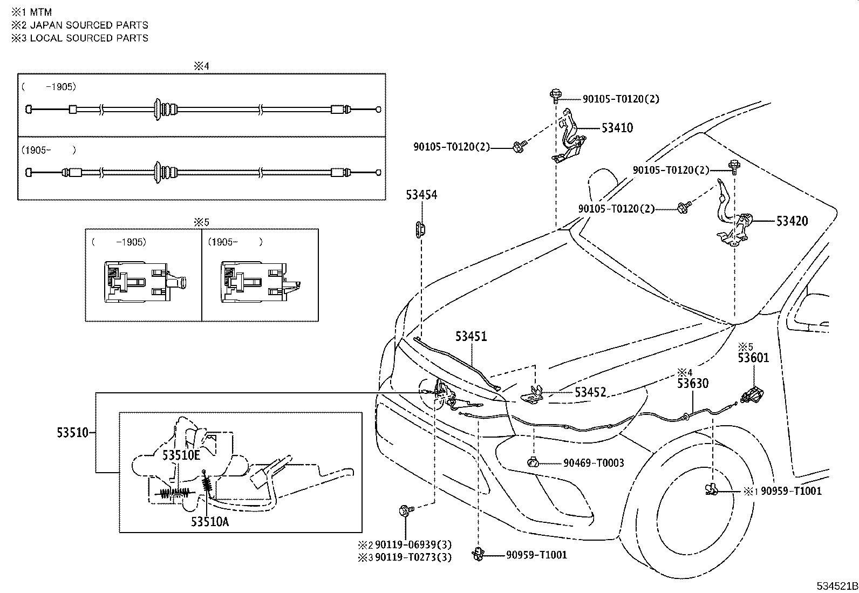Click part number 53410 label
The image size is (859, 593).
[617, 128]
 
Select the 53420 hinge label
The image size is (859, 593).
[792, 221]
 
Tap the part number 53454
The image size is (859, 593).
[421, 195]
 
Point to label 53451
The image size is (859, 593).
[471, 336]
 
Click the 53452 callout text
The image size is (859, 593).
[590, 392]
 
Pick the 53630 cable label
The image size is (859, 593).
[693, 383]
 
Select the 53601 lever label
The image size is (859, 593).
[754, 358]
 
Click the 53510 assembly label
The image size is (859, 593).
[72, 432]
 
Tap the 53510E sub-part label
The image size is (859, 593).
[181, 455]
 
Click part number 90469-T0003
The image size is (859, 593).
[594, 462]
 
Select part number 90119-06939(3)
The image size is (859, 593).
[413, 545]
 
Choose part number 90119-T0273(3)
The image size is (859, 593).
[413, 557]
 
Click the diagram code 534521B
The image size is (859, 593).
[836, 586]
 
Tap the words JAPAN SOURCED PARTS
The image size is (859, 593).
[89, 25]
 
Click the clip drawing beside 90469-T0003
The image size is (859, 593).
[534, 462]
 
